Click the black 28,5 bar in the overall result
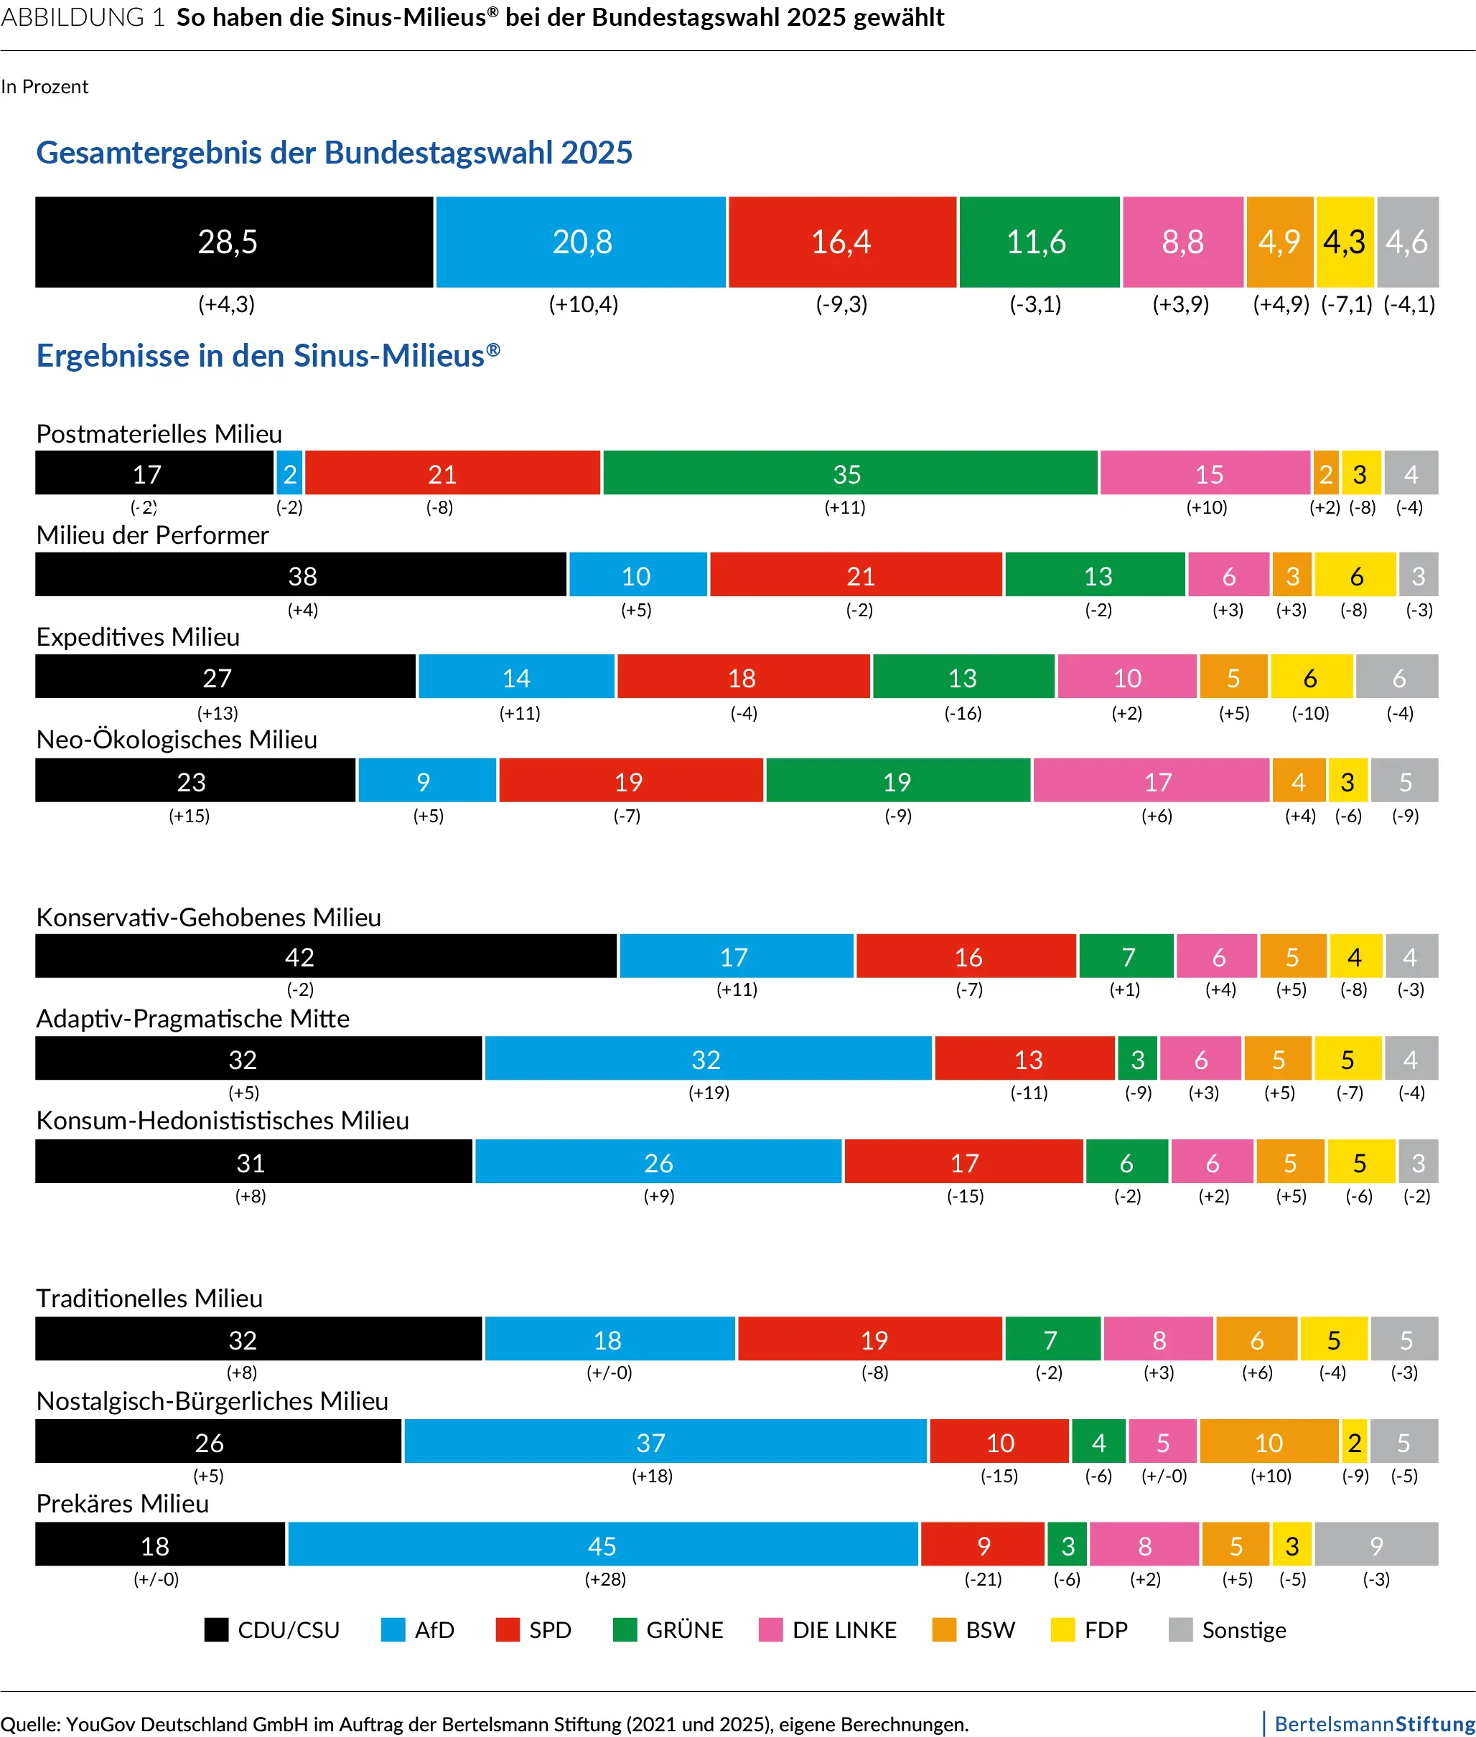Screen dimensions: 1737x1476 (233, 242)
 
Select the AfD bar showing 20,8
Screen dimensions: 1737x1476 (581, 242)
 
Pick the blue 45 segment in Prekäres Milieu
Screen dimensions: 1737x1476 (602, 1545)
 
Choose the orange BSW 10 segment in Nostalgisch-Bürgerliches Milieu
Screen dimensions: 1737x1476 (1269, 1442)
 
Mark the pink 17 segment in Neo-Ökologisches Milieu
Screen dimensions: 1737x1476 (1152, 781)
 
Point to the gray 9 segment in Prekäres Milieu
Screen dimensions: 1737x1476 (1375, 1545)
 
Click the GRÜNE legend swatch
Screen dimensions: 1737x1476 (624, 1630)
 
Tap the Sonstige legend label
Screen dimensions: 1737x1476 (1243, 1630)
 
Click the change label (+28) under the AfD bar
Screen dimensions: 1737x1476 (605, 1579)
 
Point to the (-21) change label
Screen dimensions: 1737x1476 (984, 1579)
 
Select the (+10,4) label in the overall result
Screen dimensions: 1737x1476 (583, 303)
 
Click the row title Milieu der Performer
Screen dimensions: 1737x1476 (152, 535)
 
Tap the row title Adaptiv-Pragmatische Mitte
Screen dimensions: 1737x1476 (192, 1018)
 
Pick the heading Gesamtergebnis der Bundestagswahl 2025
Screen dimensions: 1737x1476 (334, 152)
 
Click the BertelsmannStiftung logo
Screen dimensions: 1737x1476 (1372, 1723)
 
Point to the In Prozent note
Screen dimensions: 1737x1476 (45, 87)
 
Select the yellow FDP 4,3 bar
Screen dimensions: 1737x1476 (1344, 242)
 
